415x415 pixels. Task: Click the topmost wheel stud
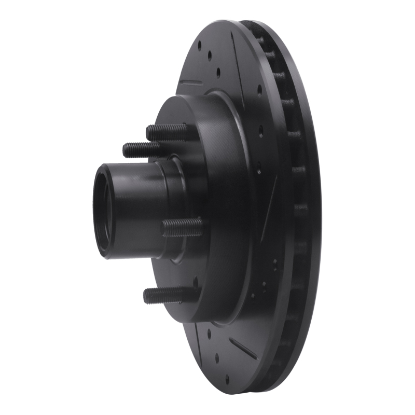[166, 131]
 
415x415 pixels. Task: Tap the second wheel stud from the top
[141, 150]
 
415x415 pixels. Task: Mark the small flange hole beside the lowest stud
[195, 283]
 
